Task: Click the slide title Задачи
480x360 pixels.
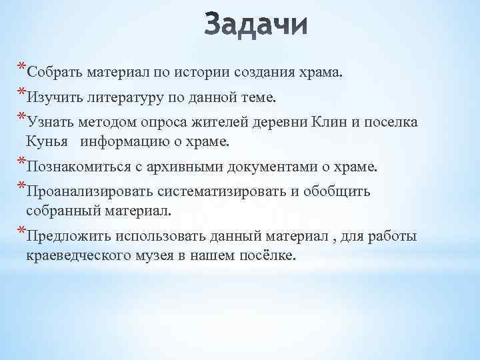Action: click(257, 27)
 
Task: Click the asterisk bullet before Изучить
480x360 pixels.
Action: click(22, 93)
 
